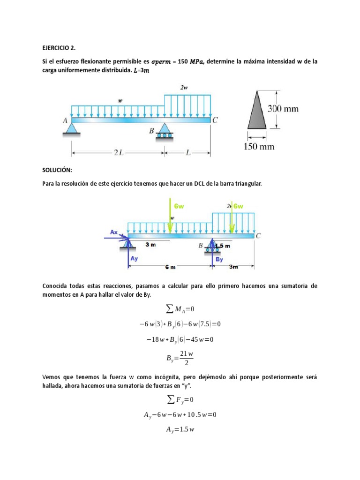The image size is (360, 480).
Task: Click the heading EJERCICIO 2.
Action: pyautogui.click(x=58, y=47)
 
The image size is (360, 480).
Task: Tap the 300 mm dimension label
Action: pyautogui.click(x=283, y=108)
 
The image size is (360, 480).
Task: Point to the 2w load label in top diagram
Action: pyautogui.click(x=184, y=87)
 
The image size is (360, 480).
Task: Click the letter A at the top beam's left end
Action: pyautogui.click(x=65, y=120)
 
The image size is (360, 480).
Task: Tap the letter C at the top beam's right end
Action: pyautogui.click(x=215, y=120)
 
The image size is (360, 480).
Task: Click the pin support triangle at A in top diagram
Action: pyautogui.click(x=71, y=129)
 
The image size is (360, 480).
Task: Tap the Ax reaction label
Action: pyautogui.click(x=114, y=232)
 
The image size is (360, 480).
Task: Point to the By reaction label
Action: pyautogui.click(x=219, y=259)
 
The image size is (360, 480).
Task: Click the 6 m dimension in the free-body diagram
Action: pyautogui.click(x=170, y=267)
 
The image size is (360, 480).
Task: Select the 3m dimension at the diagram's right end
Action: pyautogui.click(x=233, y=267)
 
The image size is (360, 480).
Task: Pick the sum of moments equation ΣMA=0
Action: pyautogui.click(x=180, y=308)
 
